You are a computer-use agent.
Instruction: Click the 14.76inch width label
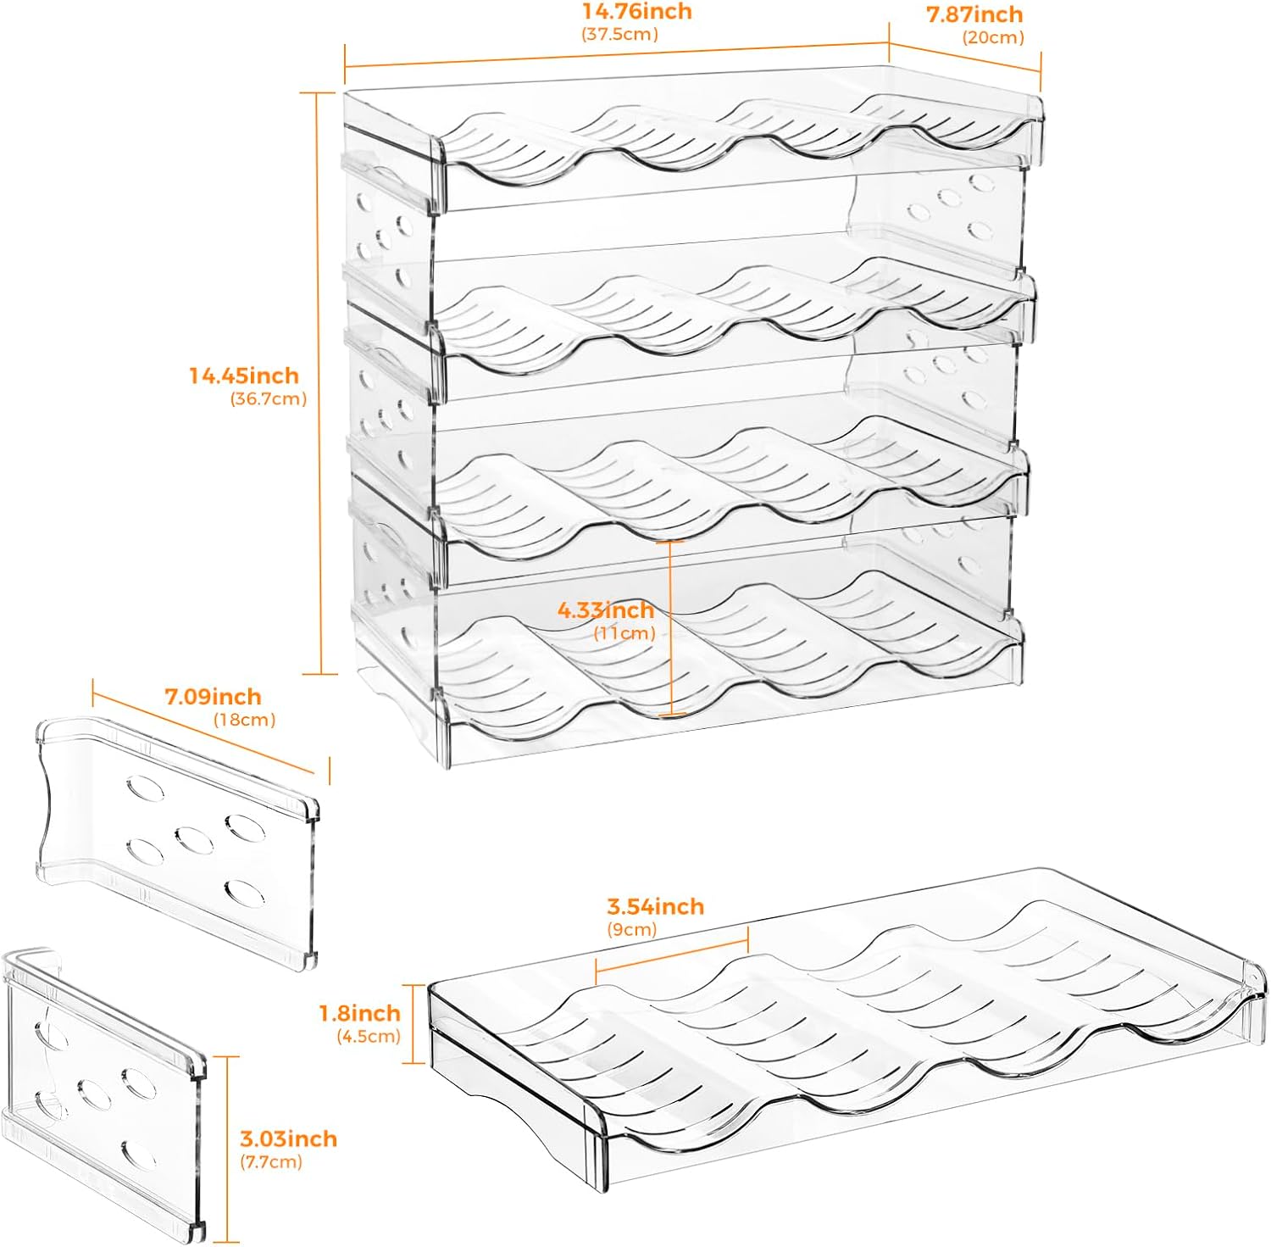click(x=636, y=12)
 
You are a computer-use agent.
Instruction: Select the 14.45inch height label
click(x=243, y=376)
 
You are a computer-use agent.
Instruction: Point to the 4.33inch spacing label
click(x=605, y=610)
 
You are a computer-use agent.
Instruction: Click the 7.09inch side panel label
click(x=213, y=697)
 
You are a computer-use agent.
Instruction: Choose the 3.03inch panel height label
click(x=288, y=1138)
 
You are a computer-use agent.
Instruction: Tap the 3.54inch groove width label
click(x=655, y=906)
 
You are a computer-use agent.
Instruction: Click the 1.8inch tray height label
click(x=359, y=1013)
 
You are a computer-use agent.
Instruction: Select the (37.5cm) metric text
click(x=619, y=35)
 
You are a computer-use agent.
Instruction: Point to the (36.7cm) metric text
click(x=269, y=399)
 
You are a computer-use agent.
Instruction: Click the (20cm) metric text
click(x=993, y=37)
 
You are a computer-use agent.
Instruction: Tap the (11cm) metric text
click(x=624, y=633)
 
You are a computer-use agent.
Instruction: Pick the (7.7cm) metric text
click(x=271, y=1161)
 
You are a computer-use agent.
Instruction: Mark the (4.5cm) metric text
click(x=369, y=1036)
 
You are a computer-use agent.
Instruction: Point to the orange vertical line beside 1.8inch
click(x=413, y=1023)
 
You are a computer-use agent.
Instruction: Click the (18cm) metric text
click(x=244, y=720)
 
